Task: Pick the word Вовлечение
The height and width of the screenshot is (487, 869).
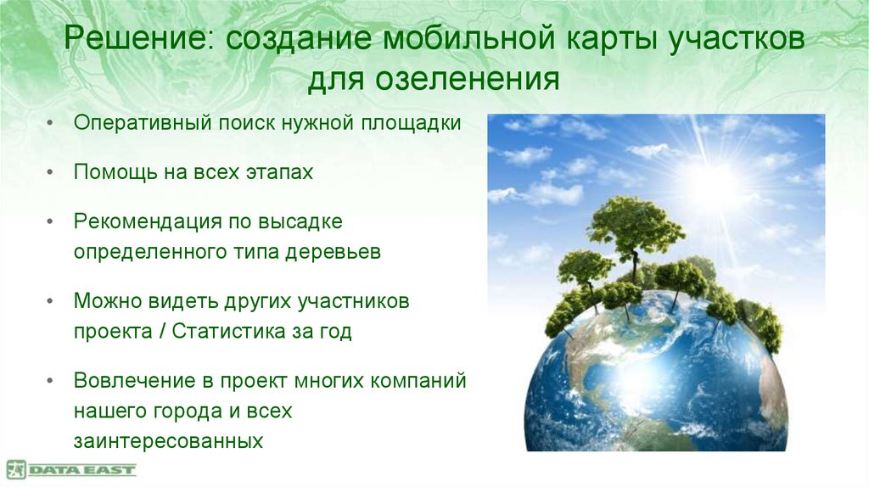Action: coord(133,380)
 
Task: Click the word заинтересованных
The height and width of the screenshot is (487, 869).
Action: coord(167,442)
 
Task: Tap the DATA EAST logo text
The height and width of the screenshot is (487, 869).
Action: coord(82,469)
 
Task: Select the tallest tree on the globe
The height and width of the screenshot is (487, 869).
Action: coord(635,225)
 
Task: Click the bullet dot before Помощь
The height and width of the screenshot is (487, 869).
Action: coord(53,173)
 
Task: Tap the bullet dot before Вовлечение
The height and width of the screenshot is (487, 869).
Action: coord(53,381)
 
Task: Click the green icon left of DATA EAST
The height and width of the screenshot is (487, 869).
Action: coord(16,469)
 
